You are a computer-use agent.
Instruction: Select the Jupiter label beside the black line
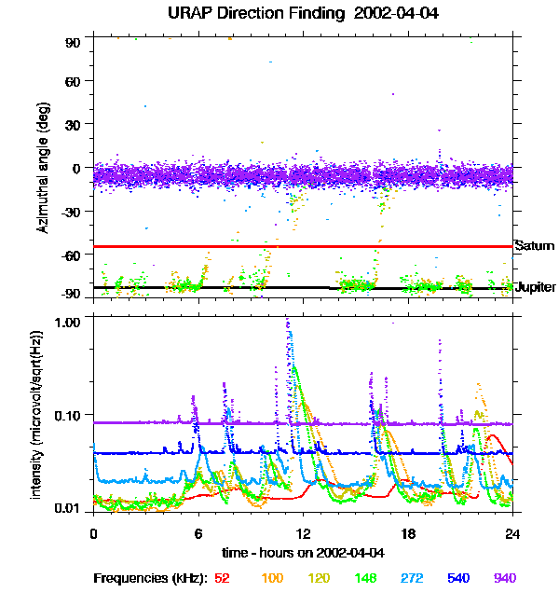[x=536, y=287]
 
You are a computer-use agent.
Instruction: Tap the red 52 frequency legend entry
[x=222, y=578]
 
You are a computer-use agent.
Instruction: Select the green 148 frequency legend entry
[x=364, y=578]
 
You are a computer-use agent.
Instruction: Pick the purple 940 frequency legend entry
[x=504, y=578]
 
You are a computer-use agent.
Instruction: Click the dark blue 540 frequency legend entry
[x=457, y=578]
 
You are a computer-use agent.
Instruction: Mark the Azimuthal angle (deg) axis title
[x=42, y=169]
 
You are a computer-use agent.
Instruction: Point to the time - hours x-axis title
[x=303, y=553]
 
